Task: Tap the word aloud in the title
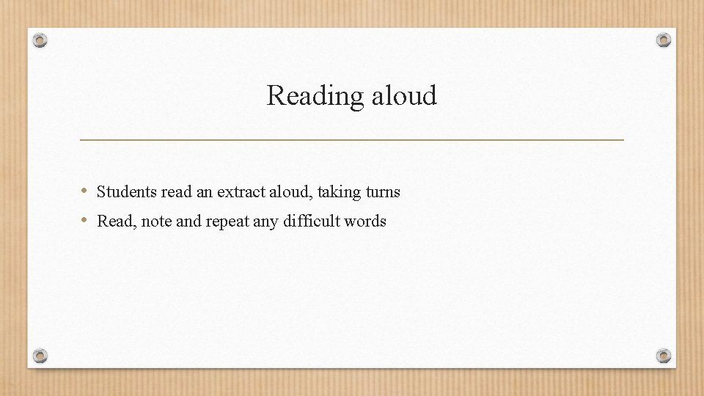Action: pos(404,95)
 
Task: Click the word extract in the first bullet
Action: pos(239,192)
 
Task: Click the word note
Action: pos(156,221)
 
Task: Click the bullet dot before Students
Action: pos(85,192)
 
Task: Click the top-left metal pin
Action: pos(40,40)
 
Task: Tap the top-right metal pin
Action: pos(663,40)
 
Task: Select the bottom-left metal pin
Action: pos(40,356)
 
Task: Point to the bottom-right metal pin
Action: pos(663,356)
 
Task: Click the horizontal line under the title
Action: pos(351,139)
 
